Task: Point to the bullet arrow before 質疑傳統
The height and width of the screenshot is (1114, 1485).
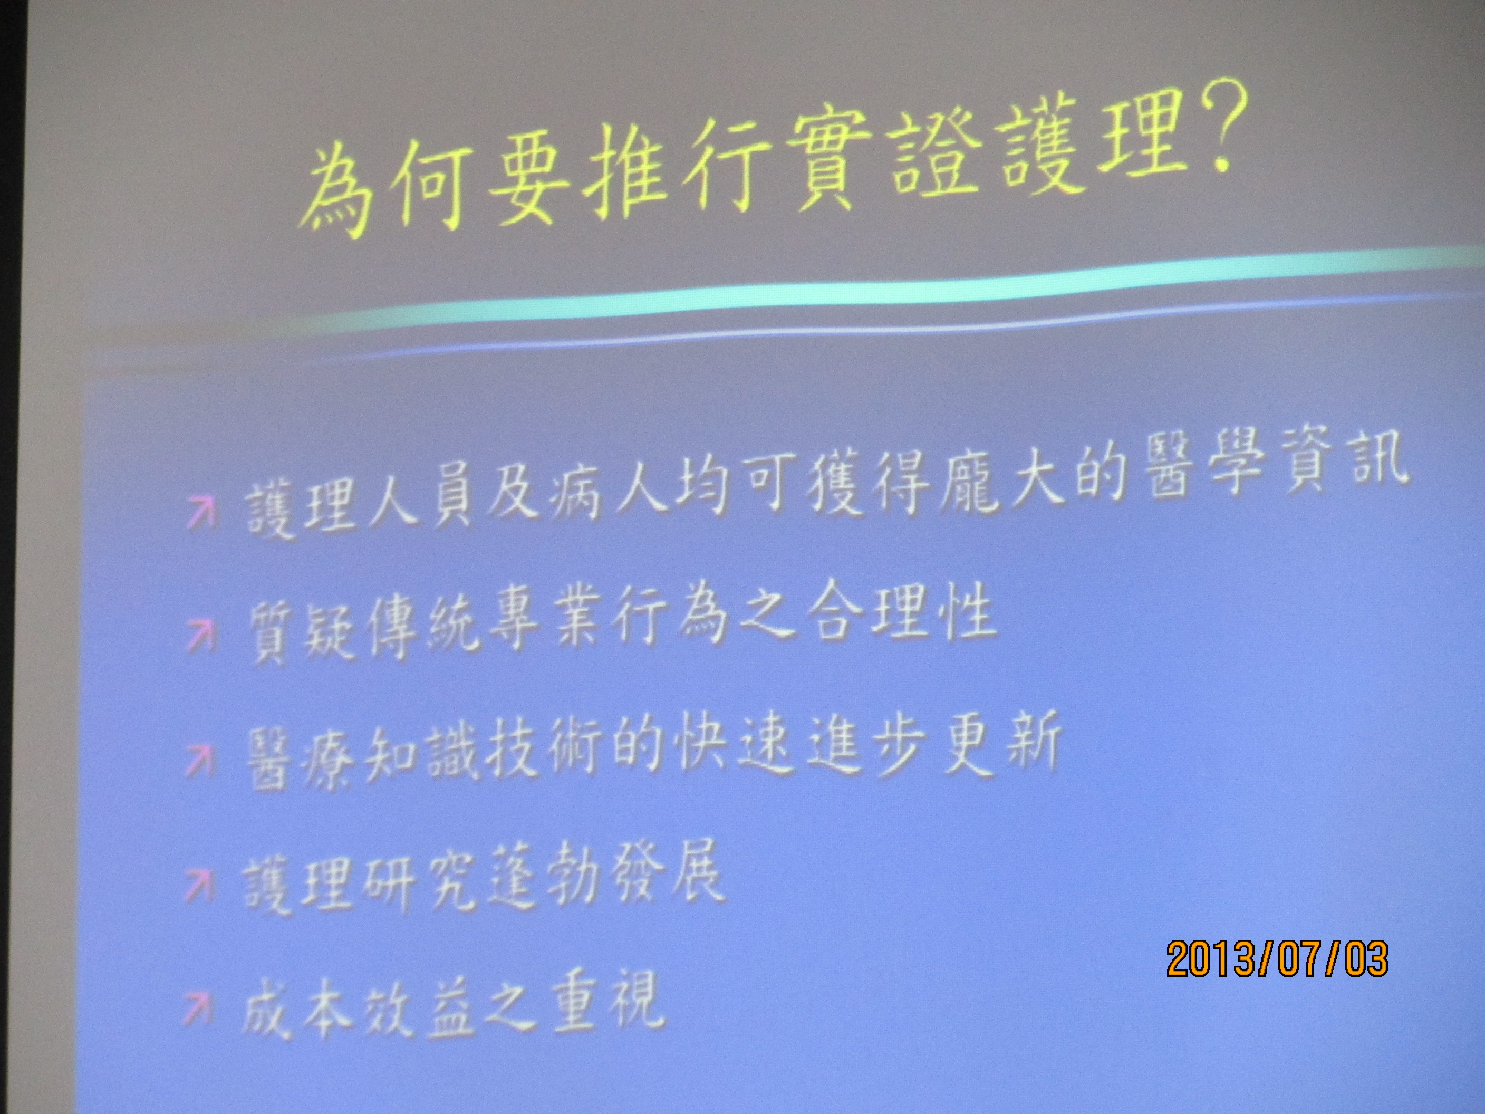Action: point(200,635)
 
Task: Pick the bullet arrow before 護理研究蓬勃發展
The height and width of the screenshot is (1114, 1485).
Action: point(199,885)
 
